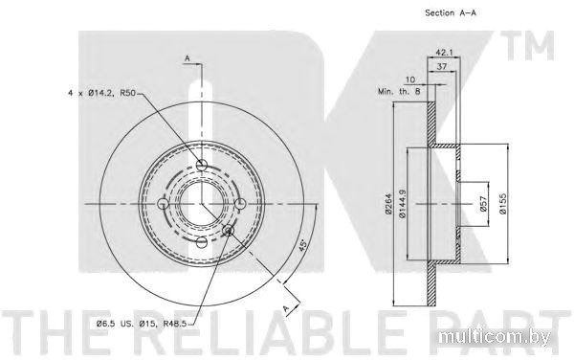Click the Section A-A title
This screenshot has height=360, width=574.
[451, 12]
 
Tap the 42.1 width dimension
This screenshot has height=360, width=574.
[444, 53]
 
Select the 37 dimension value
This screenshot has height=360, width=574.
[442, 66]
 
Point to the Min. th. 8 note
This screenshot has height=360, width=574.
[399, 91]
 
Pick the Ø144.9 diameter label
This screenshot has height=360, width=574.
[403, 204]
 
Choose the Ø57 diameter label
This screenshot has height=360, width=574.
[483, 204]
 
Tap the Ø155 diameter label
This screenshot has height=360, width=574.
[503, 204]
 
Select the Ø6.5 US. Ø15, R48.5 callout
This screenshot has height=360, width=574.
[142, 324]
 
